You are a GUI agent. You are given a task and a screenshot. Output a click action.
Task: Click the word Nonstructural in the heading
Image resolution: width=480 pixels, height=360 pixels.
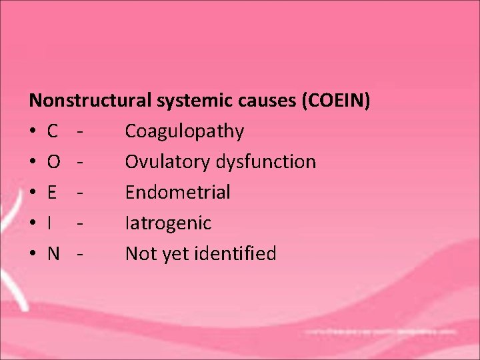91,101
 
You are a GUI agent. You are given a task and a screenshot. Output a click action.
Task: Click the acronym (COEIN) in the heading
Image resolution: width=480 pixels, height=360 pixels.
337,101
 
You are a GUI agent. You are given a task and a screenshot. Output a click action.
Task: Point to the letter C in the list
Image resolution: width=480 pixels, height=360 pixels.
53,131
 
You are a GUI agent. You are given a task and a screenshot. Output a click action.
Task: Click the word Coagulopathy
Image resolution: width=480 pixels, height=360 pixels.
184,131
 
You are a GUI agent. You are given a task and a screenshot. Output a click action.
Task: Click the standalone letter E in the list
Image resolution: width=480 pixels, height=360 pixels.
52,193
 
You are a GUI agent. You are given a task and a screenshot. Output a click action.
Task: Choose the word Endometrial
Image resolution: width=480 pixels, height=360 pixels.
177,193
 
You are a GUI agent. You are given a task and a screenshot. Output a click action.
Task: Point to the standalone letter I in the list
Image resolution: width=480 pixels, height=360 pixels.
50,223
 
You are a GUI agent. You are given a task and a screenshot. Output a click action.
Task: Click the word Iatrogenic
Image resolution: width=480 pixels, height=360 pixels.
168,223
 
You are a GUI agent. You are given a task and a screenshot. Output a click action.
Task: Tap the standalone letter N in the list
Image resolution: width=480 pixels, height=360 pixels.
53,254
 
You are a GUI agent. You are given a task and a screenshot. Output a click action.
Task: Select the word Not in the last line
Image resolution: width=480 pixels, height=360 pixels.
139,254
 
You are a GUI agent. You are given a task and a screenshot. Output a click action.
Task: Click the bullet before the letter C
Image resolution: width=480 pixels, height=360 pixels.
33,132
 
